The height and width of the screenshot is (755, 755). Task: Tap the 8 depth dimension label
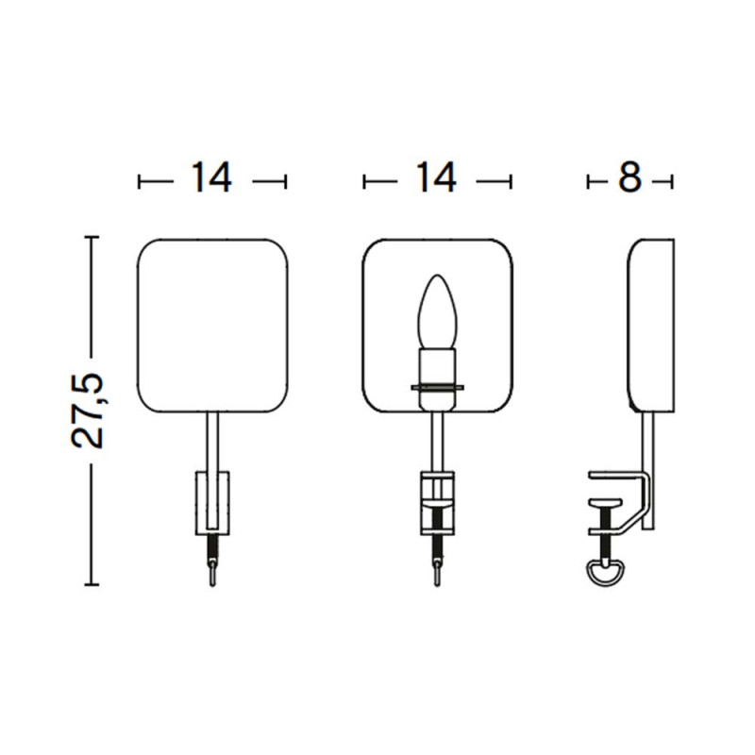(629, 178)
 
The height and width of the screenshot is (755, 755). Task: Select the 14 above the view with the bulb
(437, 178)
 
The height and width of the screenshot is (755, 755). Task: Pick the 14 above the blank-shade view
(212, 178)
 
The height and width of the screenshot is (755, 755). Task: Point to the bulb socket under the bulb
(437, 366)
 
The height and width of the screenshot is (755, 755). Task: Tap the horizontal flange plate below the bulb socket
(437, 387)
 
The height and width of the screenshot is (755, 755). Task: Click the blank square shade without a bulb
(212, 326)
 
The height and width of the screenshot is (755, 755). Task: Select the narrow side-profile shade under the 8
(651, 326)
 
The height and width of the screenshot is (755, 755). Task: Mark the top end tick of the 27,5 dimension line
(91, 238)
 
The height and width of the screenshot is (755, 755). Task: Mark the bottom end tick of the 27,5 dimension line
(91, 585)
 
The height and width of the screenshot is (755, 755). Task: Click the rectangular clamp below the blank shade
(212, 500)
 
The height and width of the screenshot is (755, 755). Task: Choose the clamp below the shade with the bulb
(437, 505)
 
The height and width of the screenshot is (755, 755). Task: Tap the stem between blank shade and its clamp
(212, 442)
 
